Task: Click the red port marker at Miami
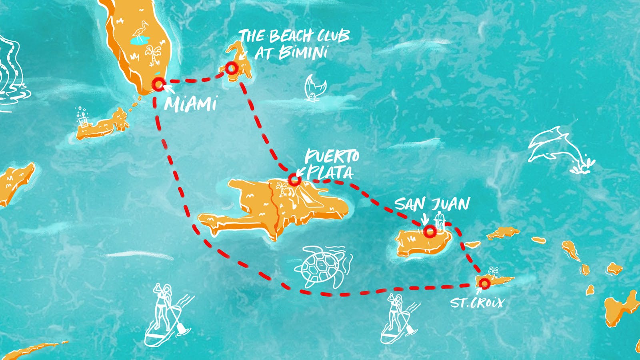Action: pos(159,84)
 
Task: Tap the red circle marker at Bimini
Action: pos(231,68)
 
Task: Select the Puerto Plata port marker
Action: pos(295,180)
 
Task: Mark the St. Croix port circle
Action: pos(485,284)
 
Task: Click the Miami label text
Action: pos(190,104)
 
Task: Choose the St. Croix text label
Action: pos(477,302)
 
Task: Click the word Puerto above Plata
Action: pos(332,156)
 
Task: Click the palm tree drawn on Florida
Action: pos(154,56)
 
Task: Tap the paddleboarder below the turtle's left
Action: pos(166,316)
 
